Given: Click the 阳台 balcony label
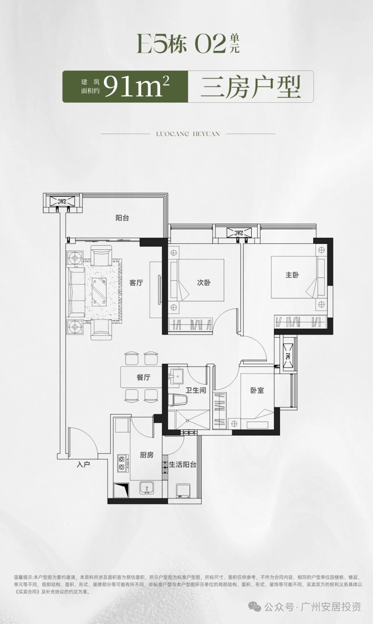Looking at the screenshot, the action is (122, 218).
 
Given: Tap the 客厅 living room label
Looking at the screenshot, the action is (136, 283).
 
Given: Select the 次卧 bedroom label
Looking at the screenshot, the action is (204, 283).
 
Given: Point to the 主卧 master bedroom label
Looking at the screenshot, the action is (292, 275).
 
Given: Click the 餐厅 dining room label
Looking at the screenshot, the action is (143, 377).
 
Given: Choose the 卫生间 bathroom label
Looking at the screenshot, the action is (196, 390).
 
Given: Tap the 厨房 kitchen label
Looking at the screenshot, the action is (147, 455).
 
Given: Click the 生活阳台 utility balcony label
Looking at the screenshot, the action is (183, 465).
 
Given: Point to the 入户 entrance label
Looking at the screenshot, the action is (83, 464).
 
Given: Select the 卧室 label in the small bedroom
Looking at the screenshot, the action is (257, 390).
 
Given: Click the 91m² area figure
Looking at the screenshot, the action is (136, 86).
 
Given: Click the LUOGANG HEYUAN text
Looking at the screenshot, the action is (188, 134).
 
